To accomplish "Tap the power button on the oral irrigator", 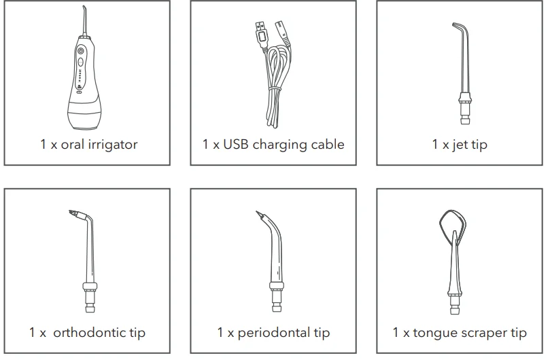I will coord(80,51).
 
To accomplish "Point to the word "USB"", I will coord(236,145).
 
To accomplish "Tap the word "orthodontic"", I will coord(99,333).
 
